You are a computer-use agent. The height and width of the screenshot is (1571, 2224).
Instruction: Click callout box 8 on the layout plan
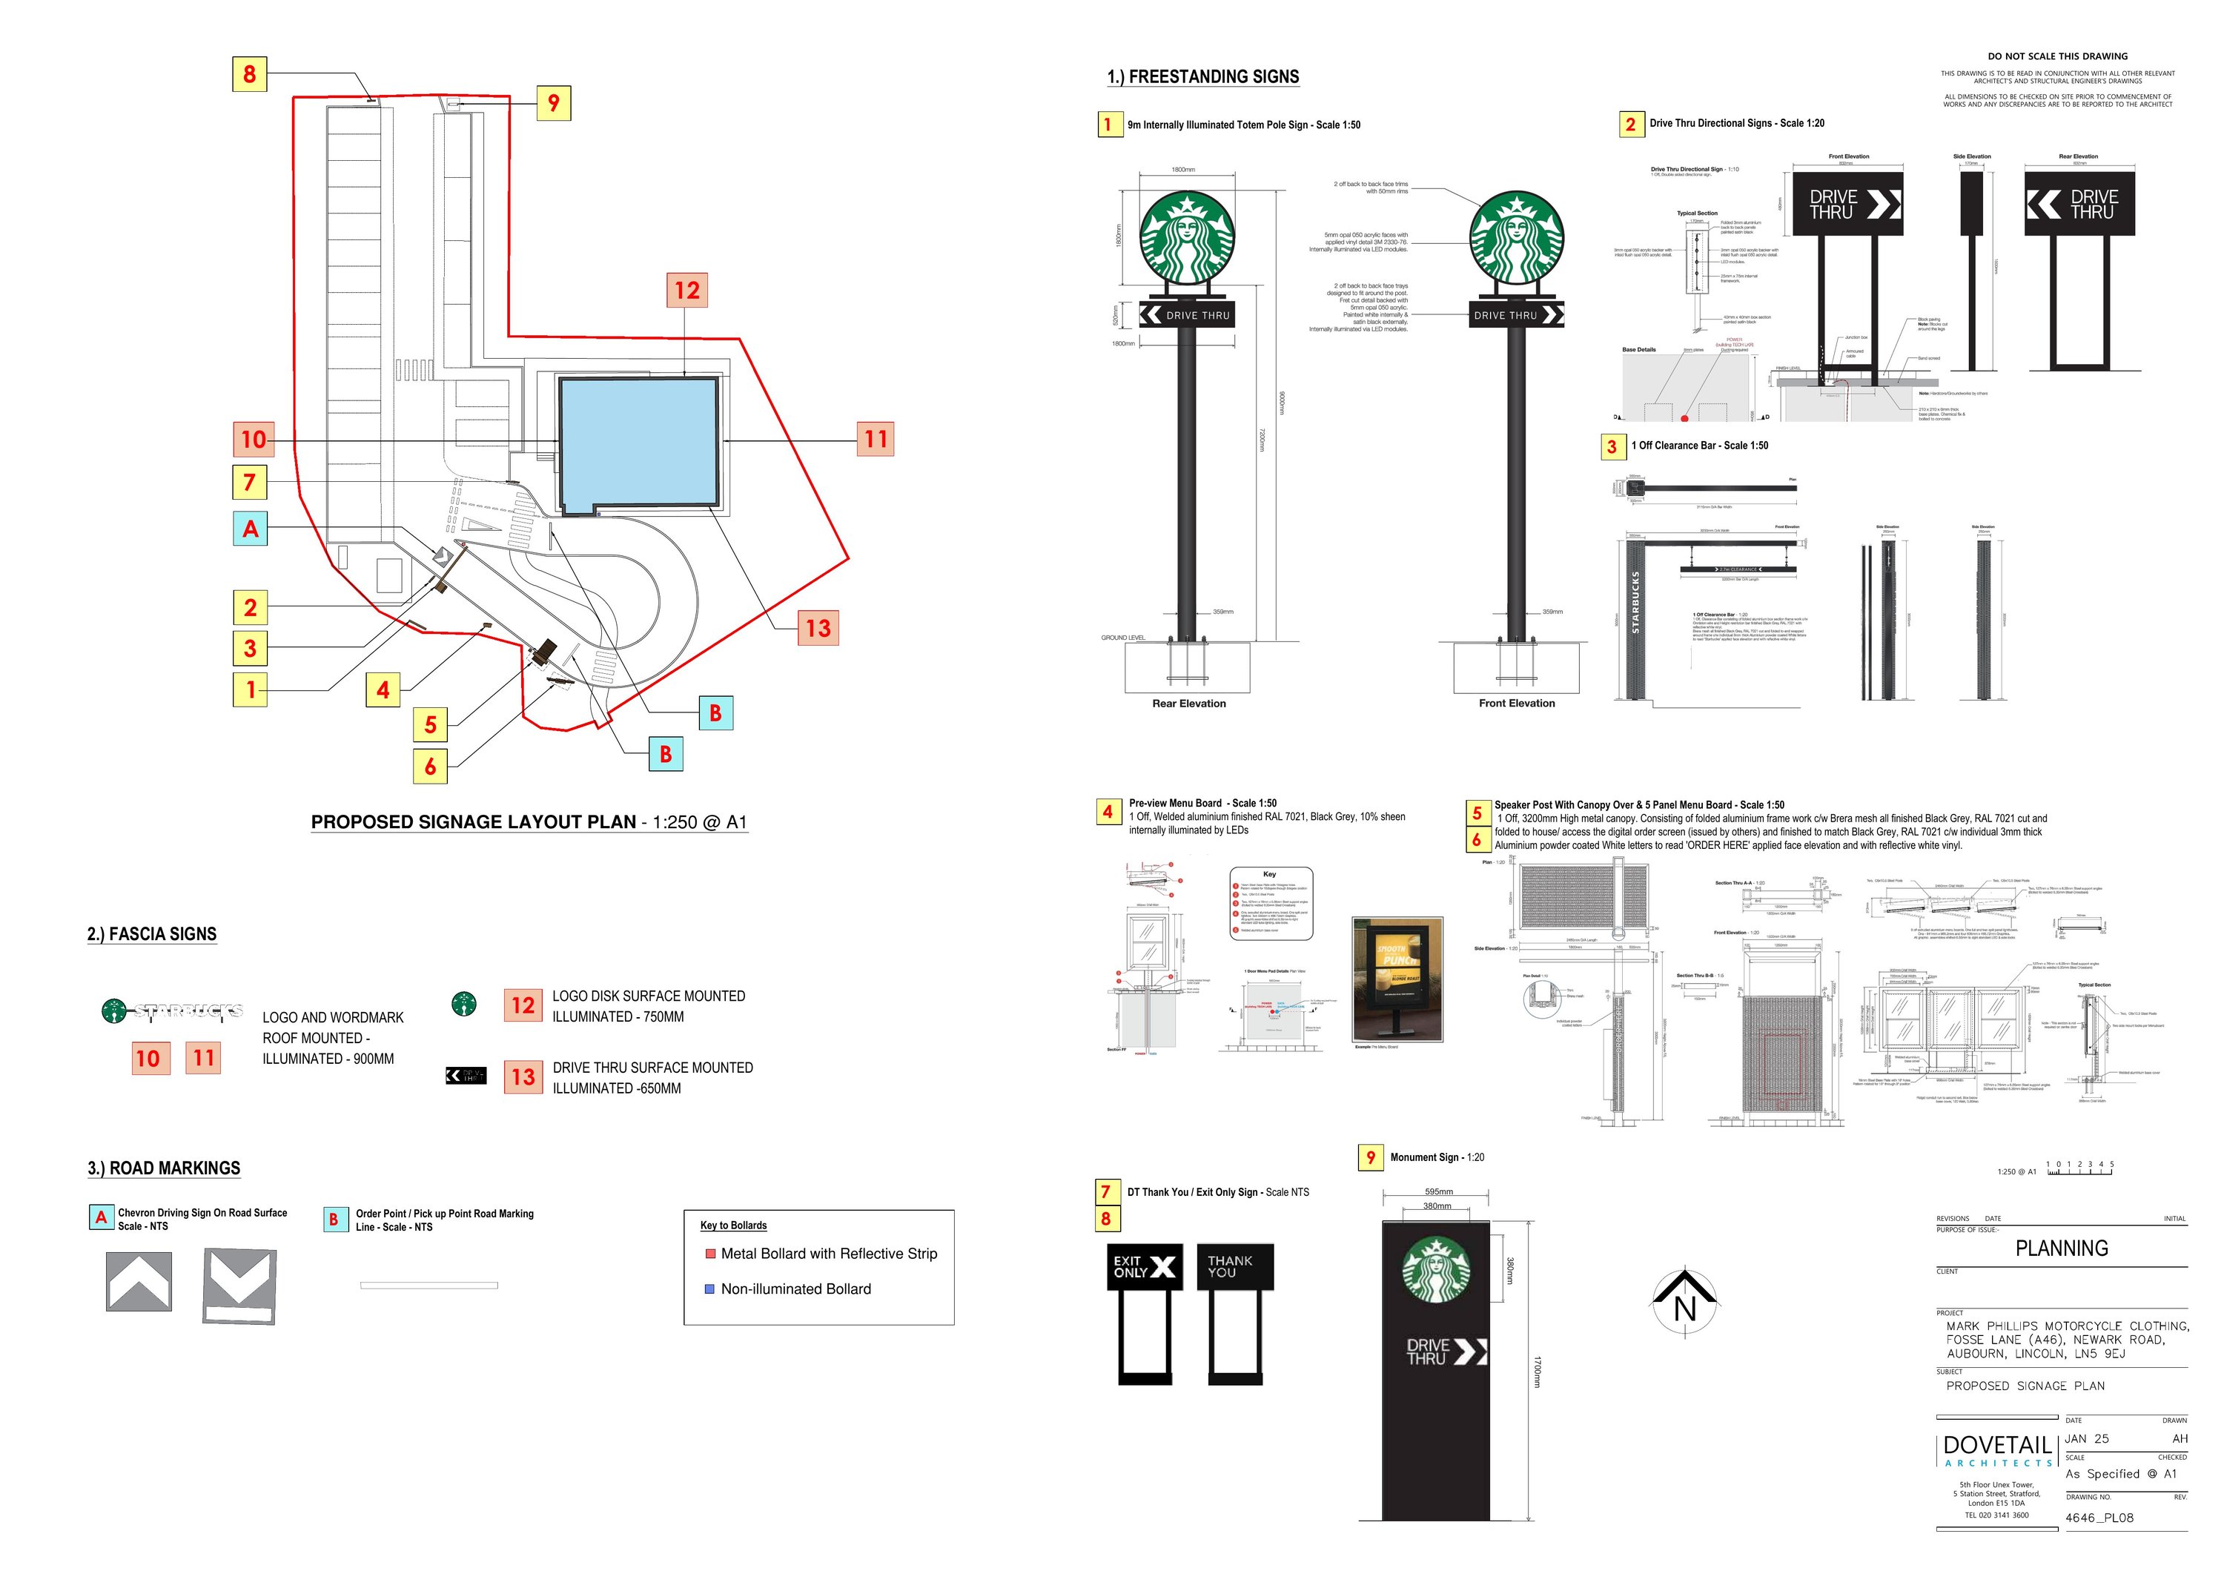point(249,73)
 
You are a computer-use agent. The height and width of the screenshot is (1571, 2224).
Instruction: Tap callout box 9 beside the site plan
point(553,102)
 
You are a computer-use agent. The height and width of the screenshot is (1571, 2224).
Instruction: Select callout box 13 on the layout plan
point(818,628)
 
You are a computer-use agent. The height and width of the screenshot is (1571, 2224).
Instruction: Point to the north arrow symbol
point(1684,1302)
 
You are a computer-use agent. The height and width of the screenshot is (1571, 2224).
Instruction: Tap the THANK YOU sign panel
point(1234,1267)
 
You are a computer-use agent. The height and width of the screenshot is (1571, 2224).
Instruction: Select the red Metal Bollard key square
point(710,1253)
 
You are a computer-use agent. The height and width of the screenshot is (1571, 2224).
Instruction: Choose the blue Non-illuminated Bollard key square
point(710,1289)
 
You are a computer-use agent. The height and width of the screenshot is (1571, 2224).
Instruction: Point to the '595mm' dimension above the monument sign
point(1438,1191)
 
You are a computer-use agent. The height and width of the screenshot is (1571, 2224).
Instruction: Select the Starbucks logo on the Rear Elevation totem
point(1187,237)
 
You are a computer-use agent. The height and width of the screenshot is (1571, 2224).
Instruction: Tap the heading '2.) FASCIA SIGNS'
point(152,933)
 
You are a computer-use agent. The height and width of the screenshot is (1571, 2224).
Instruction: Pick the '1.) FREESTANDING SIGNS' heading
point(1203,76)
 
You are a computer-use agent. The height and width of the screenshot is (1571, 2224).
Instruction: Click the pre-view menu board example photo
point(1397,979)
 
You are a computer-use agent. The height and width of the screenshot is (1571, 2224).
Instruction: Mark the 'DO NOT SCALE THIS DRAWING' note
point(2057,56)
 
